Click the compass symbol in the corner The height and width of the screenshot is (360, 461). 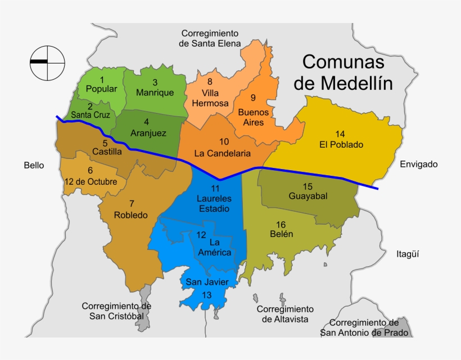pyautogui.click(x=47, y=61)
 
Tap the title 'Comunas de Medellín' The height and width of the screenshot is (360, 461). pyautogui.click(x=344, y=72)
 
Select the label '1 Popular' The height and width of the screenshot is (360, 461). pyautogui.click(x=102, y=84)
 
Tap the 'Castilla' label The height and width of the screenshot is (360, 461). pyautogui.click(x=106, y=148)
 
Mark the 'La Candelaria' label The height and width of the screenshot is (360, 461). pyautogui.click(x=223, y=148)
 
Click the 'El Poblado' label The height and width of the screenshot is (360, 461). pyautogui.click(x=340, y=140)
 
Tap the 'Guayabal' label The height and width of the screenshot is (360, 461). pyautogui.click(x=308, y=192)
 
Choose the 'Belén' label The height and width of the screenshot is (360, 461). pyautogui.click(x=281, y=230)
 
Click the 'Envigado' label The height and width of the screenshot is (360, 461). pyautogui.click(x=418, y=164)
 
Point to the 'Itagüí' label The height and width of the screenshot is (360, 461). pyautogui.click(x=408, y=253)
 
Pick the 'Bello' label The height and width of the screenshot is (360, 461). pyautogui.click(x=34, y=165)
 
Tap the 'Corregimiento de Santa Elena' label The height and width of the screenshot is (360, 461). pyautogui.click(x=210, y=38)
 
